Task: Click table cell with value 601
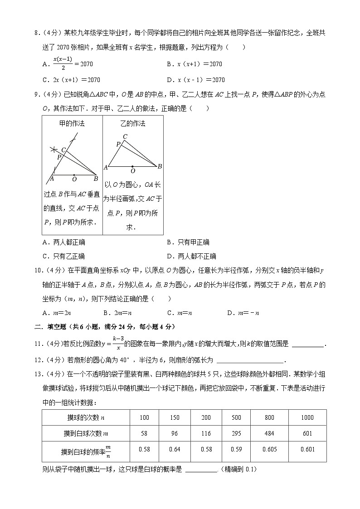[307, 433]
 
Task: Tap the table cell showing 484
[269, 433]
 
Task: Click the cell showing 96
[174, 433]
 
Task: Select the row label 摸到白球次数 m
[86, 433]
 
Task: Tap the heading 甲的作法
[72, 123]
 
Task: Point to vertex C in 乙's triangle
[125, 136]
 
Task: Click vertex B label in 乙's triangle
[160, 167]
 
